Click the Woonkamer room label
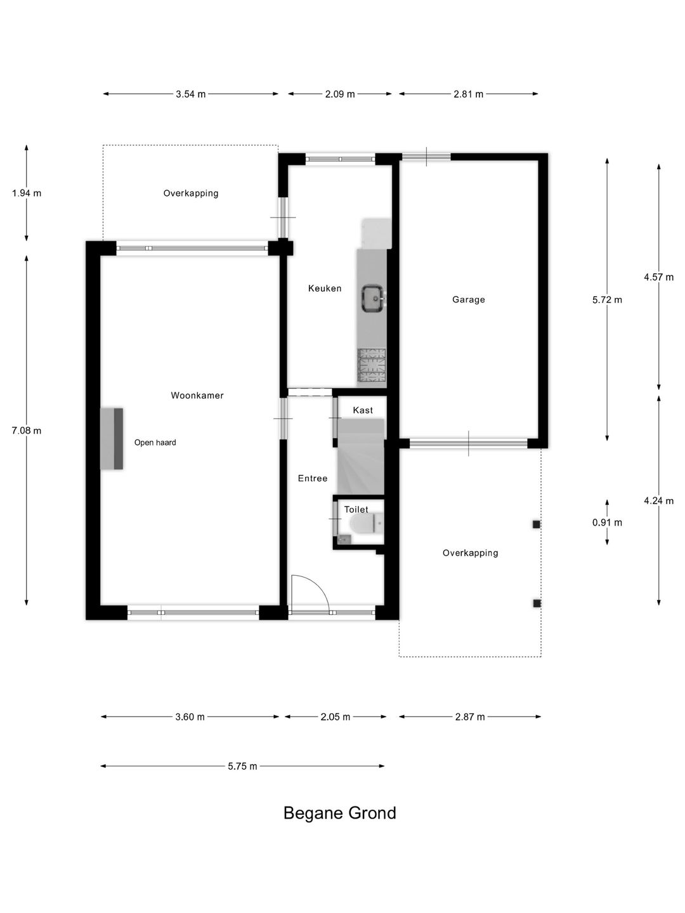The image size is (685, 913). click(x=197, y=396)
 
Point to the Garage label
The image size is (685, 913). click(x=469, y=299)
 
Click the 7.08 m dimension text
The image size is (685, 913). click(x=27, y=431)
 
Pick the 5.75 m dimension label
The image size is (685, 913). click(x=242, y=766)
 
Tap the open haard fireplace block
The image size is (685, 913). click(x=112, y=439)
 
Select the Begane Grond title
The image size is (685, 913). click(x=340, y=812)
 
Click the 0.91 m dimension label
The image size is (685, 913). click(x=607, y=522)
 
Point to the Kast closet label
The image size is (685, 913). click(x=363, y=410)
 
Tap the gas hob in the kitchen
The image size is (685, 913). click(x=372, y=366)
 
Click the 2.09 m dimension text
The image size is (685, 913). click(x=340, y=94)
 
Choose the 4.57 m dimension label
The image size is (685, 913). click(x=659, y=277)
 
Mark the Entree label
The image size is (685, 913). click(x=313, y=478)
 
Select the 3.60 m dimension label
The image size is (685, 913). click(x=190, y=716)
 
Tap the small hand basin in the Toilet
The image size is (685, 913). click(x=345, y=540)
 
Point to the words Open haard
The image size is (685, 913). click(x=155, y=443)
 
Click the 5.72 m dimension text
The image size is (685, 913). click(x=607, y=299)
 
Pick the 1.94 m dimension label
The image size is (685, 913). click(x=27, y=193)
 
